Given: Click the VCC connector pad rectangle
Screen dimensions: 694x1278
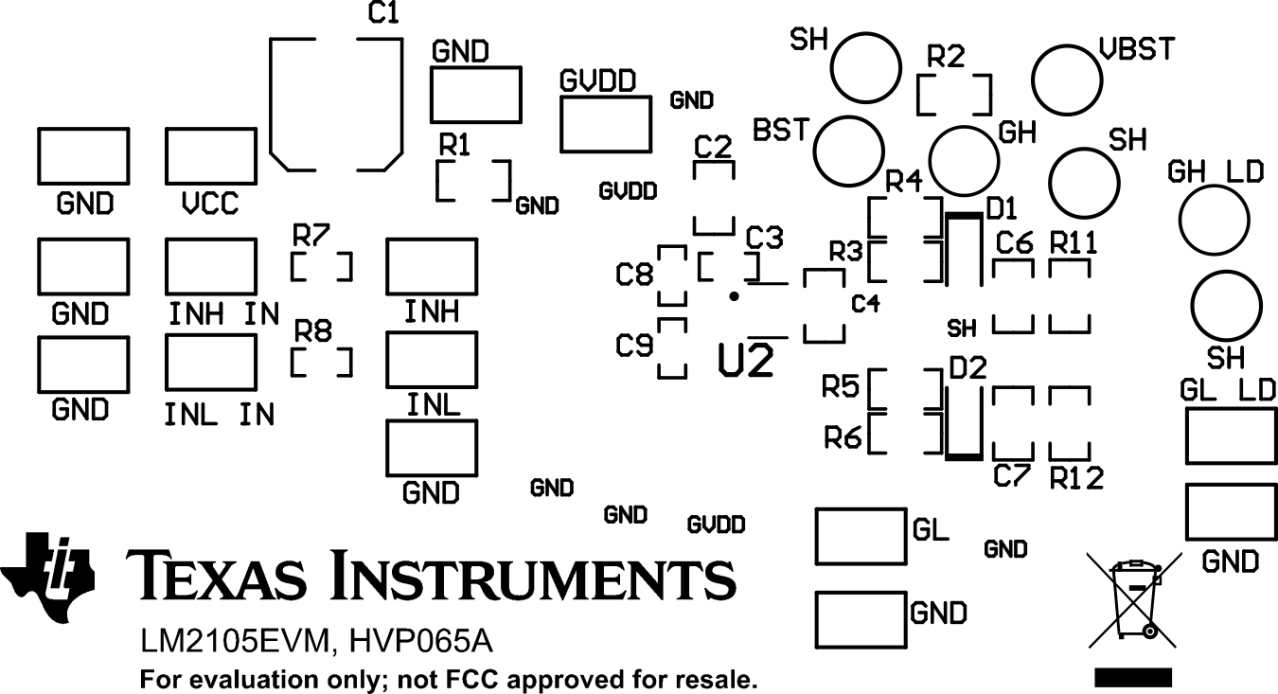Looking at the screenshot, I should (211, 156).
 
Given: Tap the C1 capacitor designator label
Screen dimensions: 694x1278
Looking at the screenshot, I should (383, 14).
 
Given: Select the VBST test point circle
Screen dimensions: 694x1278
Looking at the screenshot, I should (1068, 79).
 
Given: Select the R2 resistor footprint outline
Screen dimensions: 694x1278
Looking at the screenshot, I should (954, 94).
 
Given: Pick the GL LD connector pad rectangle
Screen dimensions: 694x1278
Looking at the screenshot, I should (1231, 435).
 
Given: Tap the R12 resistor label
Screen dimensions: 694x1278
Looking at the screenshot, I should (1076, 479).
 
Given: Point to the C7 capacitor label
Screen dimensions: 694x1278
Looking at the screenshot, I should (1011, 477).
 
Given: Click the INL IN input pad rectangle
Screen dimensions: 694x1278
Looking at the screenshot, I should (211, 362).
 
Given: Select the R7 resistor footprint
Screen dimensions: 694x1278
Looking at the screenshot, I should (322, 267).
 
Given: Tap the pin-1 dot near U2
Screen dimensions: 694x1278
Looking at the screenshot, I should (734, 296).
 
